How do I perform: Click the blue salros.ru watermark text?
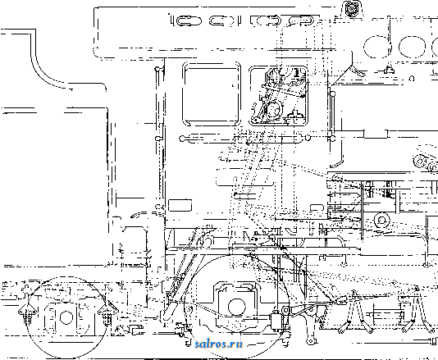(219, 344)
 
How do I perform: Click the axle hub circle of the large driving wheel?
(237, 307)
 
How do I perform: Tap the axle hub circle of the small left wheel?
(66, 317)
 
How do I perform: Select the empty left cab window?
(211, 94)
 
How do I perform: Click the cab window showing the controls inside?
(279, 96)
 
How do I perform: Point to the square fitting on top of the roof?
(350, 9)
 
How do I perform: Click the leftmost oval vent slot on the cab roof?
(186, 21)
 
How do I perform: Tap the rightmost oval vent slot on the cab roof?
(301, 21)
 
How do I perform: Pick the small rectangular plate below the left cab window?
(180, 205)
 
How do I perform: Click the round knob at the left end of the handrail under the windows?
(182, 139)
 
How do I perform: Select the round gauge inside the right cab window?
(272, 109)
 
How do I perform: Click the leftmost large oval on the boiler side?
(376, 47)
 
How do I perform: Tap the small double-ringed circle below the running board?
(382, 220)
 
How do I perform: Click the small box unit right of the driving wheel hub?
(276, 321)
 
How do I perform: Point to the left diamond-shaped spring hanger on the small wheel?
(27, 311)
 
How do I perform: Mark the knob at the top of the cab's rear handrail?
(157, 69)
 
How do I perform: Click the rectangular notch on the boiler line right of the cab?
(376, 134)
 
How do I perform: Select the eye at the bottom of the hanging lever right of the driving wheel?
(309, 341)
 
